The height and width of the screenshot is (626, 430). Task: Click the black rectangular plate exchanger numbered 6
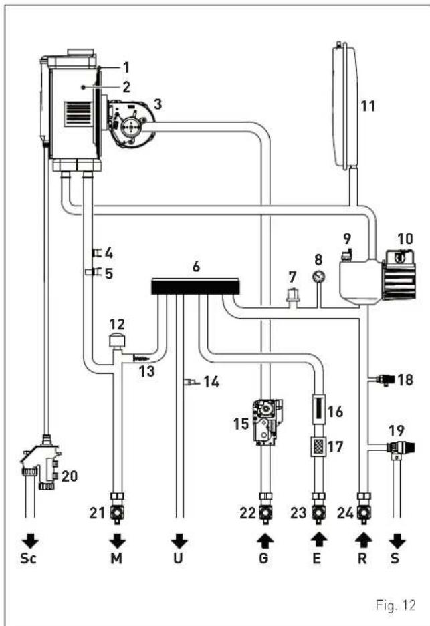click(x=195, y=286)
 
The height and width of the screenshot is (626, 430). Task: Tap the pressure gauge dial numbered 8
click(x=318, y=277)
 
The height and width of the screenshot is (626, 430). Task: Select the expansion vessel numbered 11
click(x=345, y=106)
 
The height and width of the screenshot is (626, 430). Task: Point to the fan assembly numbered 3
click(x=130, y=122)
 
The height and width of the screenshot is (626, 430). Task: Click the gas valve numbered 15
click(x=266, y=421)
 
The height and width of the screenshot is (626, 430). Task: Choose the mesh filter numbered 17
click(x=318, y=446)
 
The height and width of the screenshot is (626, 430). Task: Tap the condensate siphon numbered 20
click(x=41, y=463)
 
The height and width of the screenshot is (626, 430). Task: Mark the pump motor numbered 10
click(x=401, y=275)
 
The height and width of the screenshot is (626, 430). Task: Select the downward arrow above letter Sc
click(x=30, y=541)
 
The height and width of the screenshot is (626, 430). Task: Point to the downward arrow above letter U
click(x=179, y=541)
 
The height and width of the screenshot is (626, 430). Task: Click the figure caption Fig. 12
click(x=395, y=605)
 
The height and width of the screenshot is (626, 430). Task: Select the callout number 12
click(x=116, y=324)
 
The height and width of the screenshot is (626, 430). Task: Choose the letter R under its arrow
click(x=362, y=558)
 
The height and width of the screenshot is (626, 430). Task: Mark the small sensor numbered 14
click(x=190, y=382)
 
